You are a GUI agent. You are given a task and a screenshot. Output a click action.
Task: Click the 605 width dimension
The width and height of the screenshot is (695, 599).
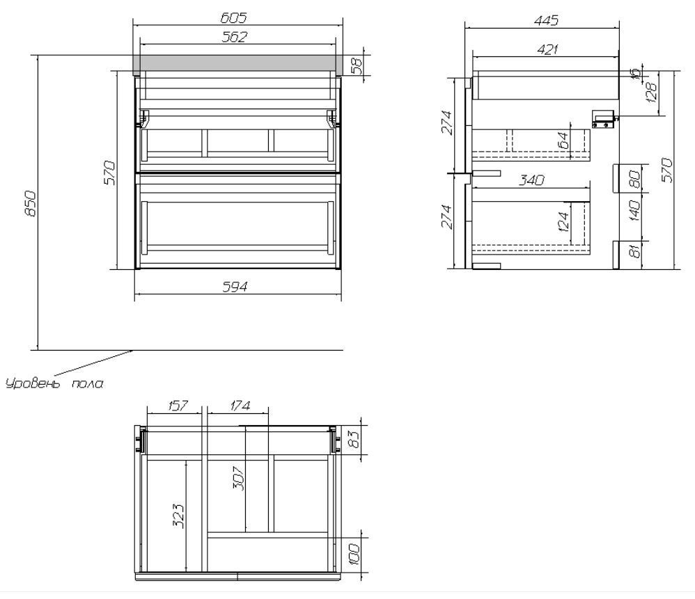click(233, 17)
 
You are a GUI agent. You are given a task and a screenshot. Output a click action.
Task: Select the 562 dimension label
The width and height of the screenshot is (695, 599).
click(234, 37)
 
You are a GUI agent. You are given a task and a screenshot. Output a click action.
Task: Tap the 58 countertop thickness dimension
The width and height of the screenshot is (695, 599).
click(356, 65)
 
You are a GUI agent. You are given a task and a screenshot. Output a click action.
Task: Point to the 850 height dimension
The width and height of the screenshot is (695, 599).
click(31, 204)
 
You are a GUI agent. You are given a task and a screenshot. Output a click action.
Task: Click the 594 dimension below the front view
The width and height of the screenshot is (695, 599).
click(235, 287)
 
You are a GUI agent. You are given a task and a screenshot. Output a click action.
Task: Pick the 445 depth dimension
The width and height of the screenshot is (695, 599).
click(546, 20)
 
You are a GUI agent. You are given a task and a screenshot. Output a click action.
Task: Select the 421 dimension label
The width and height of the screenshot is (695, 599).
click(547, 49)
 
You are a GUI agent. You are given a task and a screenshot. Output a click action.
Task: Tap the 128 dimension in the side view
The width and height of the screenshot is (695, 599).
click(652, 93)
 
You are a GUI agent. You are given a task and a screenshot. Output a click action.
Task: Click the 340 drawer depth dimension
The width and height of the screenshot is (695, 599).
click(531, 180)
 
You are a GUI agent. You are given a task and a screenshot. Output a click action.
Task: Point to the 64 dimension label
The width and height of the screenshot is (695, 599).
click(563, 141)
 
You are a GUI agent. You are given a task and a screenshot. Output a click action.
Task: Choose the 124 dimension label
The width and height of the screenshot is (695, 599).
click(563, 222)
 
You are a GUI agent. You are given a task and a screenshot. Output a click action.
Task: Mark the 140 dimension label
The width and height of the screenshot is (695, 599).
click(634, 211)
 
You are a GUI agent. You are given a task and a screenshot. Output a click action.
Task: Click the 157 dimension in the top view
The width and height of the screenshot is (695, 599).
click(178, 406)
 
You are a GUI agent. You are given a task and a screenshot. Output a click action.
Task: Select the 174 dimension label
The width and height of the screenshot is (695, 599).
click(240, 406)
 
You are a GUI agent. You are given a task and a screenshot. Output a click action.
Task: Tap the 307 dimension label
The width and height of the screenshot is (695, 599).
click(238, 478)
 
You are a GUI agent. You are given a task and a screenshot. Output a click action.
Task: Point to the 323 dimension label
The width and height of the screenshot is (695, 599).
click(179, 516)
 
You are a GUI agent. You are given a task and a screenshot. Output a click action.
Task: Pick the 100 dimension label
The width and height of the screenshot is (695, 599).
click(354, 554)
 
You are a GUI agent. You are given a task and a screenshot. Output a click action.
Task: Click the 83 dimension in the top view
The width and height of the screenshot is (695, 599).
click(354, 439)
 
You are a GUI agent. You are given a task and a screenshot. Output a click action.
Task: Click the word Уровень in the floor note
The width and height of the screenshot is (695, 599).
click(32, 383)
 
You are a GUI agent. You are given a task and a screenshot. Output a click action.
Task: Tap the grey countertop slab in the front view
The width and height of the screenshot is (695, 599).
click(238, 63)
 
